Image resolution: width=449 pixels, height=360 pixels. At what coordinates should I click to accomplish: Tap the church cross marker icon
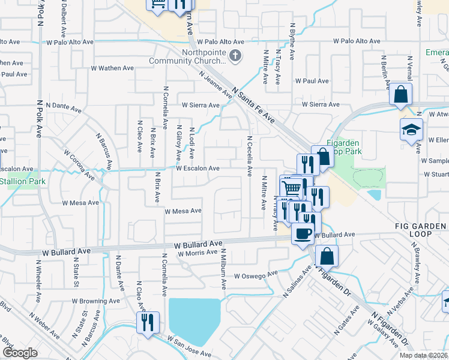[x=235, y=57]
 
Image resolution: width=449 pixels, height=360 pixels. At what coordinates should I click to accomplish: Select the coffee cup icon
[x=303, y=233]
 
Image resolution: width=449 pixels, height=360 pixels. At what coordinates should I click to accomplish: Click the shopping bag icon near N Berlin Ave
[x=400, y=95]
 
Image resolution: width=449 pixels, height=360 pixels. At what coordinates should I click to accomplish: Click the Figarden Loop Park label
[x=344, y=148]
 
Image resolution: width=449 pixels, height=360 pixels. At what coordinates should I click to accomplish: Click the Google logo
[x=20, y=353]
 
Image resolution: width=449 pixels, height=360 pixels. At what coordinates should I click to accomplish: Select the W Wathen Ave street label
[x=112, y=68]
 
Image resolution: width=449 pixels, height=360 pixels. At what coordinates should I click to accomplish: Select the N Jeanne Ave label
[x=215, y=85]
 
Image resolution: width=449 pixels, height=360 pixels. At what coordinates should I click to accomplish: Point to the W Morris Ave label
[x=197, y=253]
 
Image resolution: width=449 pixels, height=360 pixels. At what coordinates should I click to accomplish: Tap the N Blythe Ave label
[x=292, y=41]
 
